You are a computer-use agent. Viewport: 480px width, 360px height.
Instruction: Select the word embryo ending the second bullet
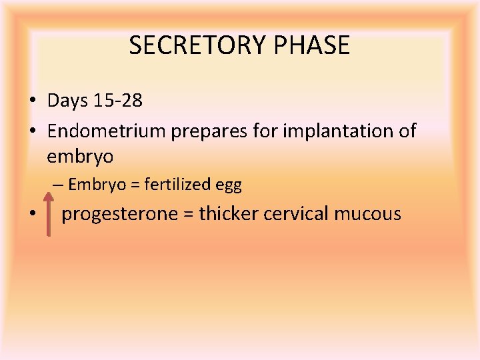pos(80,157)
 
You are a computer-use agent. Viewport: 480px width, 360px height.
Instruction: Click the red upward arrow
pos(49,213)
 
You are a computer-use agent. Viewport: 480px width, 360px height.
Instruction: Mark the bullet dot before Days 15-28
pos(32,101)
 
